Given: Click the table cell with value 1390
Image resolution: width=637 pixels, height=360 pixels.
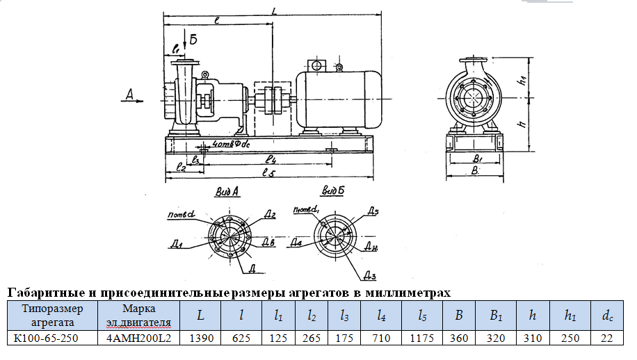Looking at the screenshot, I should (200, 338).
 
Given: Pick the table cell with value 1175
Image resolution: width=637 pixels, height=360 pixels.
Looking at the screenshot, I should (421, 338).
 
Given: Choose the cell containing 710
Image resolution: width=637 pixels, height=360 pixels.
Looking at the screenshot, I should (381, 338).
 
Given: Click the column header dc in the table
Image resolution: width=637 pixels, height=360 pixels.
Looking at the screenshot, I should (607, 316).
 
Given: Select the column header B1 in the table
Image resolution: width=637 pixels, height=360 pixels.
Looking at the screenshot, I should (496, 316).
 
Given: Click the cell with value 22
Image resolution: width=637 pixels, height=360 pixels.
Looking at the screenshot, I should (607, 338).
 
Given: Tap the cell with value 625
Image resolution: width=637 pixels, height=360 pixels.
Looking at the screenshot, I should (241, 338).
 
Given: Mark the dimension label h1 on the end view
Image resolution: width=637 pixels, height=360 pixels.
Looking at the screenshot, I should (522, 81).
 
